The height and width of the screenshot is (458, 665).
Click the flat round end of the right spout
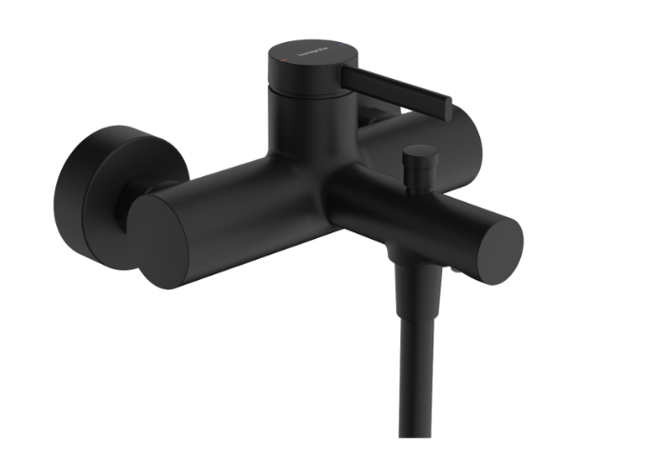click(x=496, y=249)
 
